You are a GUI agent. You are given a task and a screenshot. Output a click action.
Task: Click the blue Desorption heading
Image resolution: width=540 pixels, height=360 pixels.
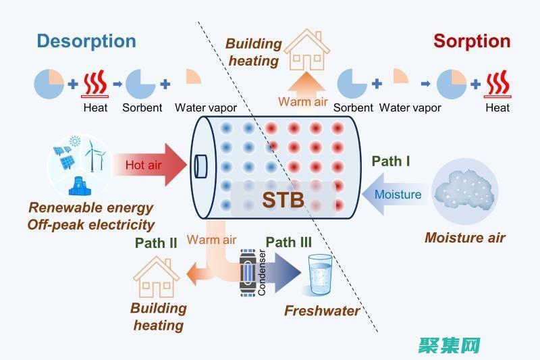[86, 41]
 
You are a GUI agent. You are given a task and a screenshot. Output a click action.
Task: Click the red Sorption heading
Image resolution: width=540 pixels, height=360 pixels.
[472, 41]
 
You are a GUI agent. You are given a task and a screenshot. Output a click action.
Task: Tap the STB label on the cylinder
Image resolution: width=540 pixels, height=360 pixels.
[283, 200]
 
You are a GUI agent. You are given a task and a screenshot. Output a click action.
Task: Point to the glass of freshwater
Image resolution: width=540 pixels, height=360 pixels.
[319, 274]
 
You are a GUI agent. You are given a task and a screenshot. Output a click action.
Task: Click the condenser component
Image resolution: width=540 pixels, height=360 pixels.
[249, 274]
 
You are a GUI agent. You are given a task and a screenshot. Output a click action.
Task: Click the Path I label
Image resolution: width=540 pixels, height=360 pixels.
[391, 161]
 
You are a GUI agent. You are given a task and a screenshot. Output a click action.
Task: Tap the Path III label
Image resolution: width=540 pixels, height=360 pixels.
[288, 242]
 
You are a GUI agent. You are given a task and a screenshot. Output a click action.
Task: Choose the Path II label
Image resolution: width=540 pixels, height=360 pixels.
[155, 242]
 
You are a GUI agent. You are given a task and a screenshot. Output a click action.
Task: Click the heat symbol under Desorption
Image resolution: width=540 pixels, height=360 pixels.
[95, 85]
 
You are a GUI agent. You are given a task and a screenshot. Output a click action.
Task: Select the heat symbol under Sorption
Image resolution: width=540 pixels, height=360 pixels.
[498, 85]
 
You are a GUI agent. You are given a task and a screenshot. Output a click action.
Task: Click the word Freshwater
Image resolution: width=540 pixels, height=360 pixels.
[321, 311]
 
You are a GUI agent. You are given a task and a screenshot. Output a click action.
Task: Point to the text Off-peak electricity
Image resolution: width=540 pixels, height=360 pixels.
[91, 224]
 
